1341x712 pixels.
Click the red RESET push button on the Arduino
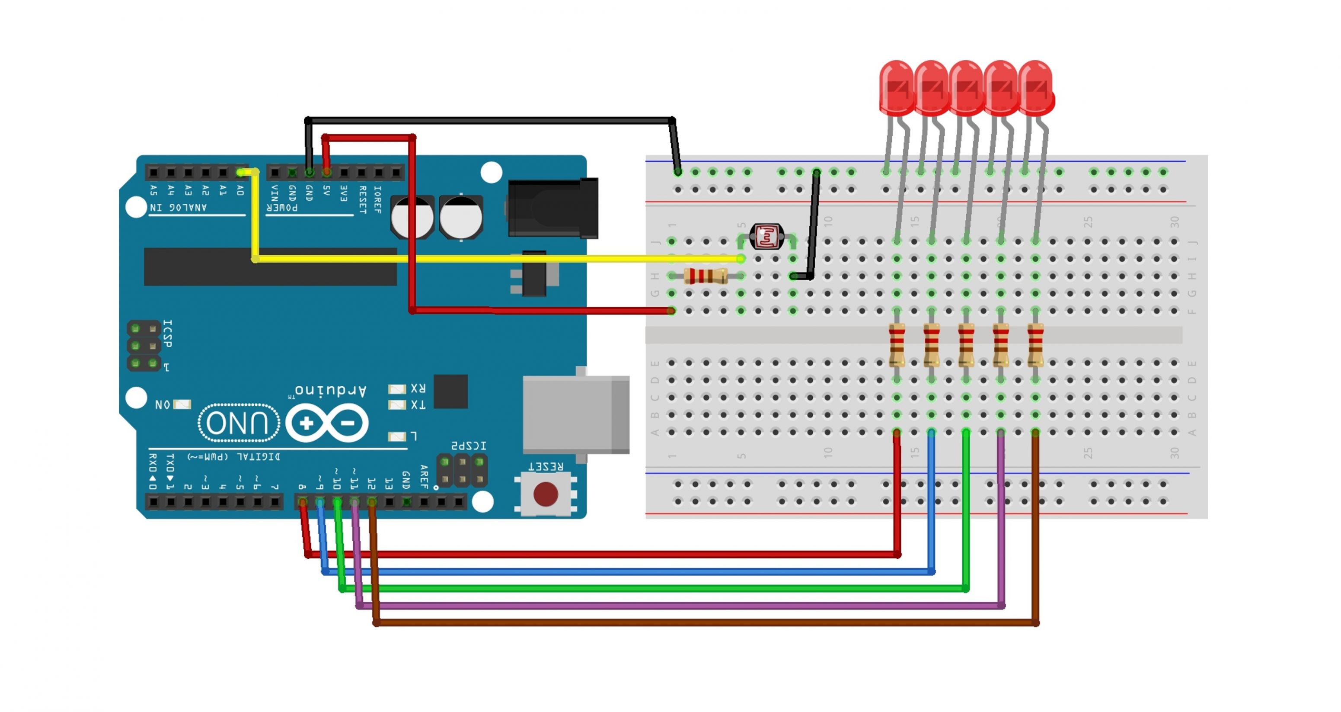(546, 494)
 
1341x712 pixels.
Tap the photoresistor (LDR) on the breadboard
(766, 237)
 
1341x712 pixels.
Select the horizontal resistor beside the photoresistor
(706, 276)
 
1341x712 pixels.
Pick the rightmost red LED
(1036, 87)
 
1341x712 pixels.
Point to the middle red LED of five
(966, 87)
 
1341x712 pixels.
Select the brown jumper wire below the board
(677, 622)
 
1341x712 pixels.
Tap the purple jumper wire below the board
(677, 606)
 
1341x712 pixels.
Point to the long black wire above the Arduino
(489, 121)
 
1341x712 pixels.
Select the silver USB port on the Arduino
(576, 414)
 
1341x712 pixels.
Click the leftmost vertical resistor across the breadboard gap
(897, 345)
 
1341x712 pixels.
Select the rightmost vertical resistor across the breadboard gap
(1035, 345)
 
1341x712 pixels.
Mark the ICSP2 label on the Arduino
(469, 446)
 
